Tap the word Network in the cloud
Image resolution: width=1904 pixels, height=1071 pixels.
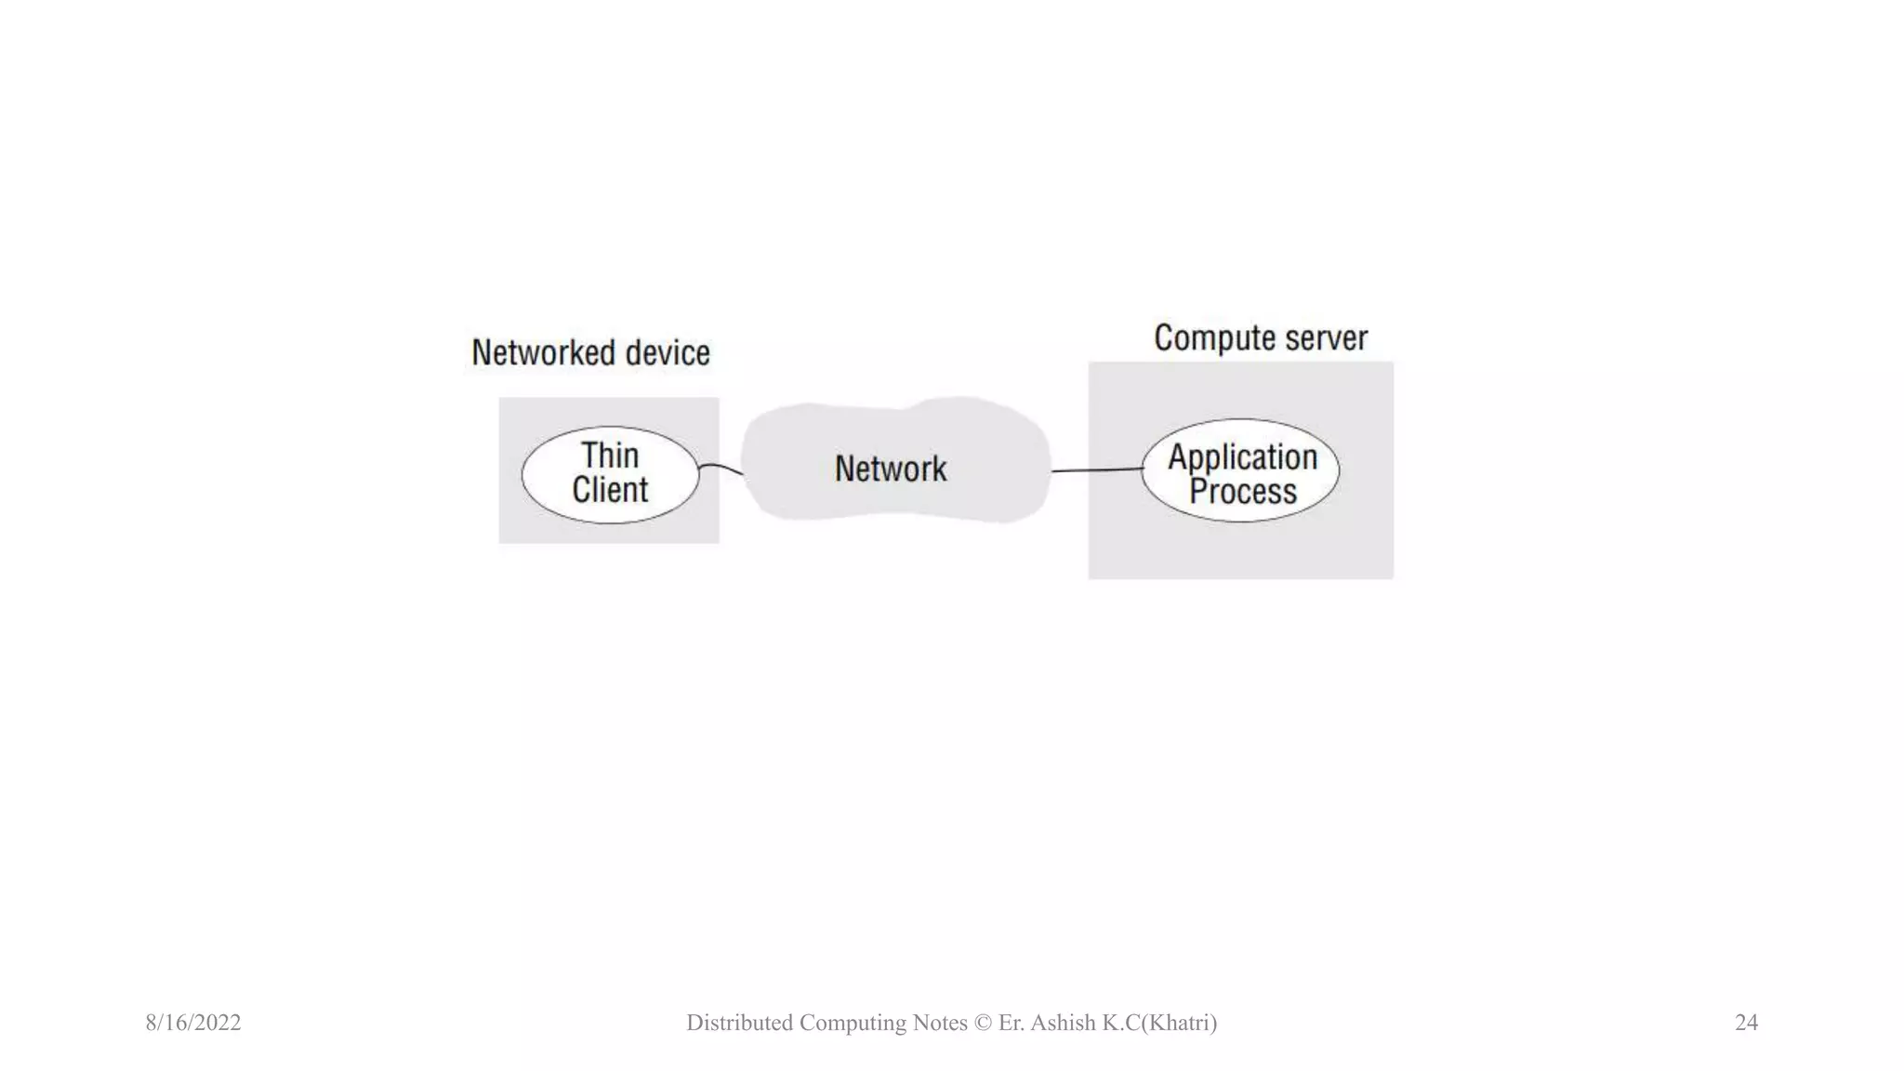[x=891, y=469]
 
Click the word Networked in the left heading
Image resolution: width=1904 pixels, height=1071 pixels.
[x=543, y=353]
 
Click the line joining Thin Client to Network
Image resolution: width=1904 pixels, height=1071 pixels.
[x=721, y=467]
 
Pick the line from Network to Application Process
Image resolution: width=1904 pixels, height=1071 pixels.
[x=1097, y=470]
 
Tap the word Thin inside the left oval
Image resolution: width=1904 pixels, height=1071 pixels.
[x=610, y=456]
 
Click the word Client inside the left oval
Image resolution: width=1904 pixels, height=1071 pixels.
[x=610, y=490]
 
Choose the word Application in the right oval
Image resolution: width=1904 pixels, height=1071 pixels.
[x=1242, y=457]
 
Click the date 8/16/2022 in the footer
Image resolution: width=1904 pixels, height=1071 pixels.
[x=193, y=1023]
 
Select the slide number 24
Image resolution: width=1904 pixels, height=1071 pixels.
[x=1746, y=1023]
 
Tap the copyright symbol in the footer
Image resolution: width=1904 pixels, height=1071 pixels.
[x=983, y=1023]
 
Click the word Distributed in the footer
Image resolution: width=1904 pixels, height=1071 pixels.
[x=739, y=1023]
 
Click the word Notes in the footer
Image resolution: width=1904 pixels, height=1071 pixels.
[x=940, y=1023]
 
